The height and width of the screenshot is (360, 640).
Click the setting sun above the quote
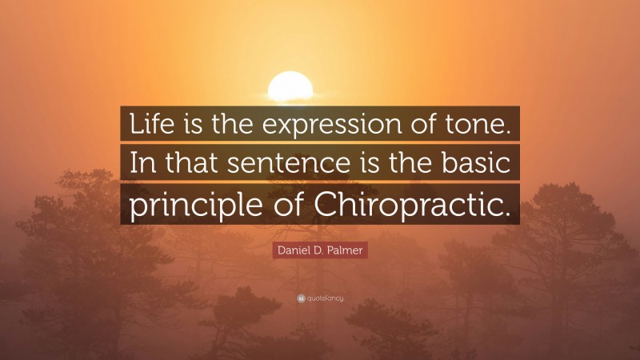click(x=290, y=86)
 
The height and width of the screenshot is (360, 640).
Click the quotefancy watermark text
click(x=324, y=298)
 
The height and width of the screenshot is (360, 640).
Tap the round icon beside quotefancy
click(x=301, y=298)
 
